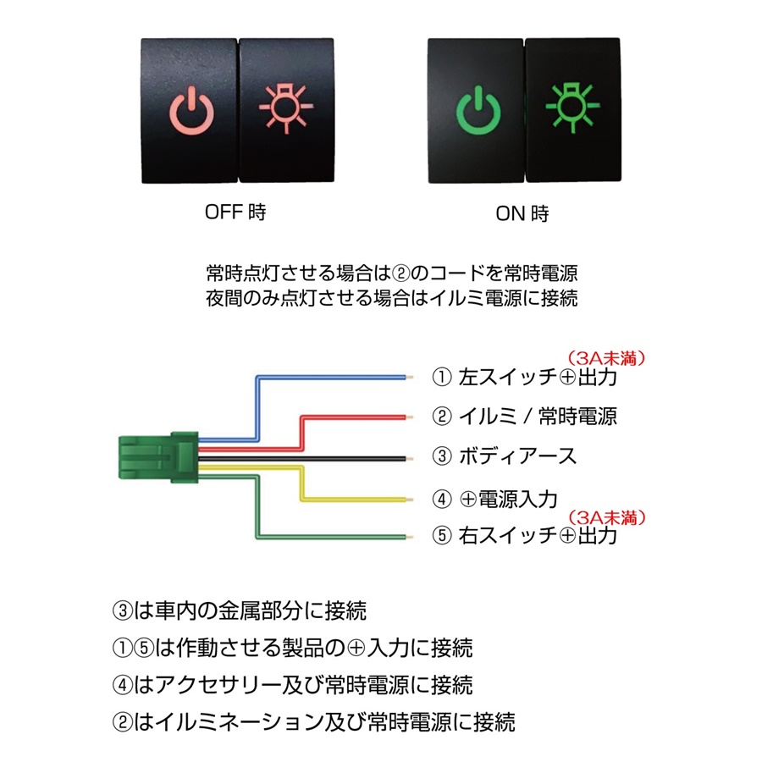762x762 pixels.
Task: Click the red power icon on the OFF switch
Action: point(191,111)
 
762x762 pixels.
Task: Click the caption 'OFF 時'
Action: point(235,212)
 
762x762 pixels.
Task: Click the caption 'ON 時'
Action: point(522,213)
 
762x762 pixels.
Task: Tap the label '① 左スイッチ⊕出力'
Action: point(524,377)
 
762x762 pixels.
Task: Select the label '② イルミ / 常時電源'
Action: point(524,416)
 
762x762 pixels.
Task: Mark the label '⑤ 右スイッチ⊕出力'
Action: point(524,536)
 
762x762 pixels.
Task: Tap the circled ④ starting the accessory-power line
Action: point(123,685)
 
